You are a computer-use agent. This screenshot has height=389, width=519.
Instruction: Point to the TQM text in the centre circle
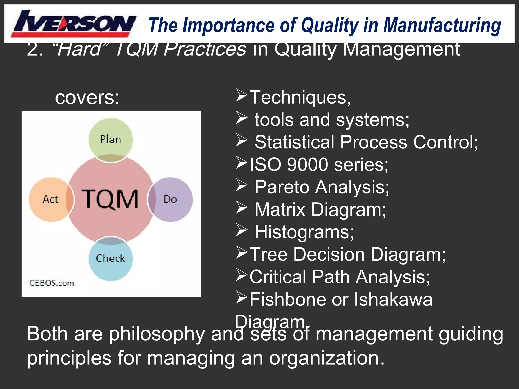[110, 199]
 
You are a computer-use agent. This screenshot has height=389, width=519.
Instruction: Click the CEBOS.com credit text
[52, 283]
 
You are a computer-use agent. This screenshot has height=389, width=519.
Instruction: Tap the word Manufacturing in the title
[442, 25]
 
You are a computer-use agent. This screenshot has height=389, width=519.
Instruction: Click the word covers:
[87, 98]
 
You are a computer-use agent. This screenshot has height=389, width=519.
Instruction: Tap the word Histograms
[304, 232]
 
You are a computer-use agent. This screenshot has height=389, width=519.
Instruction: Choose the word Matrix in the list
[280, 210]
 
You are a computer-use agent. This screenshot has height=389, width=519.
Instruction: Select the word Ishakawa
[393, 299]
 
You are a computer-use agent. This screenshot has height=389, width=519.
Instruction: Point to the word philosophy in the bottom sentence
[157, 334]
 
